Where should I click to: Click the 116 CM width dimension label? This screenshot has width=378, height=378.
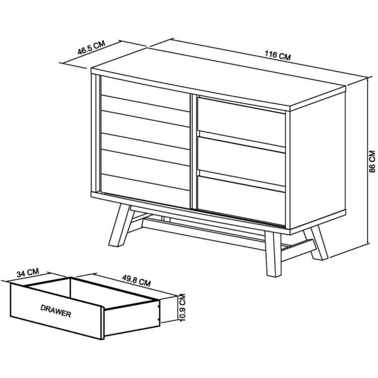tap(278, 55)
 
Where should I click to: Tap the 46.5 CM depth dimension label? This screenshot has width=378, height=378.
tap(91, 48)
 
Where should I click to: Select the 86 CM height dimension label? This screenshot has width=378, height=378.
tap(372, 161)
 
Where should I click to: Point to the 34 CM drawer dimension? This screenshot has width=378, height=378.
tap(28, 272)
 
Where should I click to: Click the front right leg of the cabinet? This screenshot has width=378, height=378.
tap(273, 254)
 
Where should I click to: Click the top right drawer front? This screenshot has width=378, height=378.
tap(241, 121)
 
